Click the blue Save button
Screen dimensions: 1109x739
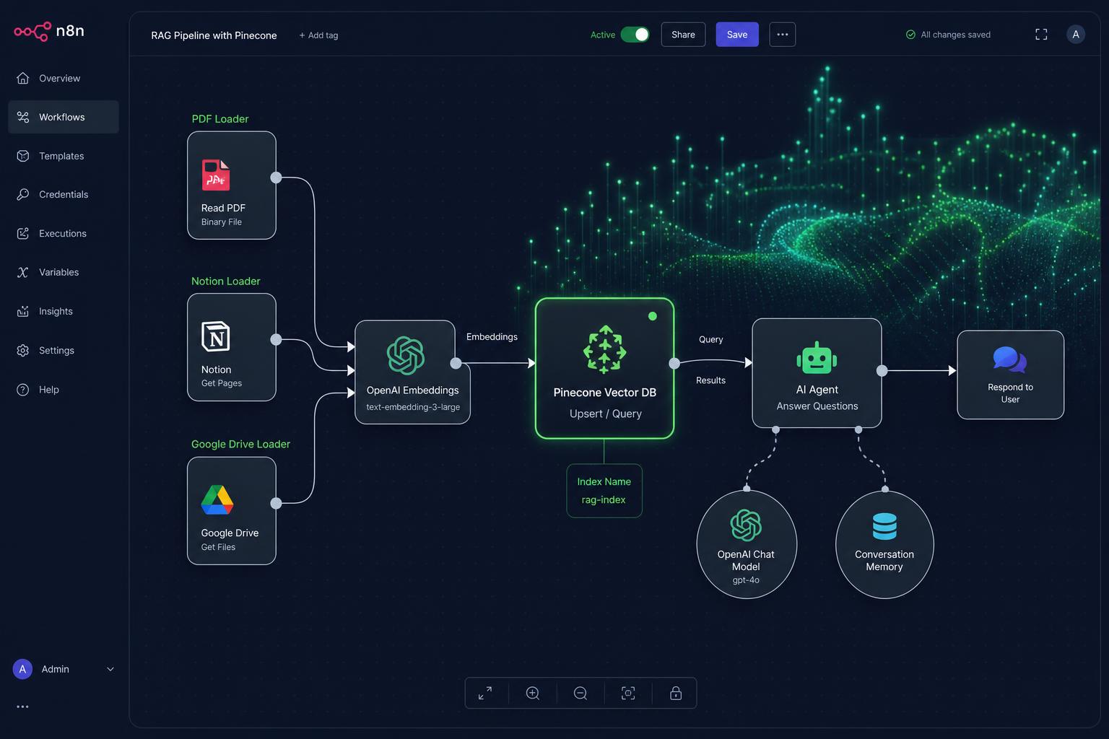tap(736, 35)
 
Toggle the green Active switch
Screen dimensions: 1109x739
tap(635, 35)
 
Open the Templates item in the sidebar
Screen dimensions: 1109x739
tap(61, 156)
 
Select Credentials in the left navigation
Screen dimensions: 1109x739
tap(64, 195)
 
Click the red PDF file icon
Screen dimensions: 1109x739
tap(216, 175)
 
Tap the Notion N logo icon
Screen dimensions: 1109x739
tap(216, 336)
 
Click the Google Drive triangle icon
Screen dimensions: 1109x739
tap(217, 500)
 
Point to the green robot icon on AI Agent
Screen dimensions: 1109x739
tap(817, 357)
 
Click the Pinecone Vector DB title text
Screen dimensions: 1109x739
tap(604, 393)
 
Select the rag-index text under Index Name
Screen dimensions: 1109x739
tap(604, 500)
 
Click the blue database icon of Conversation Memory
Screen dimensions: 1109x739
tap(884, 526)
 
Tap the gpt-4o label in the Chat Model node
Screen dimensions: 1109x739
tap(746, 580)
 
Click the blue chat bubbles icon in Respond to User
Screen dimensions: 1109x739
tap(1010, 359)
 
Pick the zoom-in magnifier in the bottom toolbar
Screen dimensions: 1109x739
tap(533, 693)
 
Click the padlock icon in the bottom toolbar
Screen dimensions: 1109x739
tap(676, 693)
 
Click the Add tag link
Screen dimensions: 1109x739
tap(318, 35)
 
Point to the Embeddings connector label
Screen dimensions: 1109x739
tap(492, 336)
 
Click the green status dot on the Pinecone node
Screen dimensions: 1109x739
tap(653, 316)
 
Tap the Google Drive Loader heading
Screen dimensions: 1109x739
tap(240, 444)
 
